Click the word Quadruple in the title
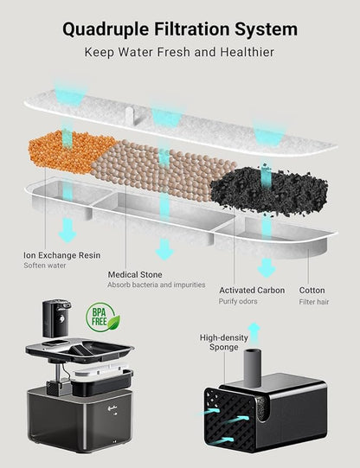click(x=106, y=29)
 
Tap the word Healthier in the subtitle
click(x=247, y=52)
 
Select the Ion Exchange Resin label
click(x=61, y=255)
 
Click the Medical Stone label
click(x=135, y=274)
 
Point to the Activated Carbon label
click(x=252, y=291)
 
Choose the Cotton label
click(x=312, y=291)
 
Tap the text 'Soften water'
click(x=45, y=266)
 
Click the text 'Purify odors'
click(x=238, y=301)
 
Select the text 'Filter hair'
click(x=314, y=302)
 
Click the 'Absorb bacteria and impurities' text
click(x=157, y=285)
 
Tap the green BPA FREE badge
click(x=102, y=317)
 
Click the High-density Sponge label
click(x=224, y=343)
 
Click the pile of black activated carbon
click(x=269, y=189)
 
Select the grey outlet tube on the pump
click(x=253, y=367)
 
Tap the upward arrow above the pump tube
click(x=254, y=332)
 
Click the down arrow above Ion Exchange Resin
click(x=67, y=230)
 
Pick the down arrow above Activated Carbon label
click(x=267, y=268)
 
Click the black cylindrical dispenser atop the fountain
click(x=55, y=317)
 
